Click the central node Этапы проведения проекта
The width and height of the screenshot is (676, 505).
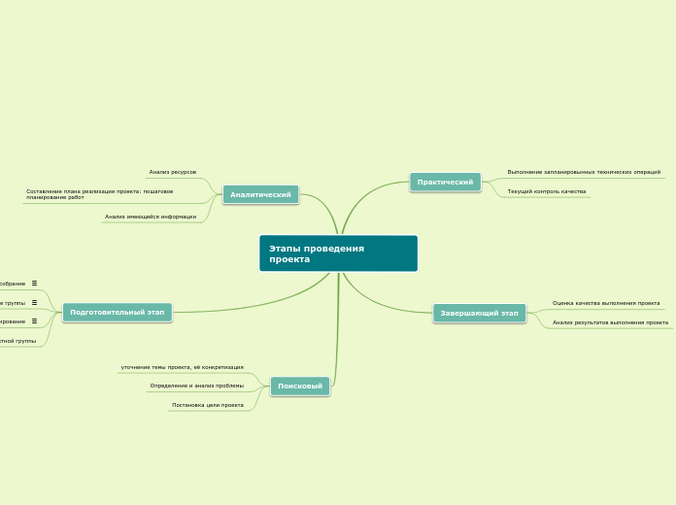click(338, 253)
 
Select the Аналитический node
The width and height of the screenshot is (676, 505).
click(260, 194)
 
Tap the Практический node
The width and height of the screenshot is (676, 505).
click(445, 182)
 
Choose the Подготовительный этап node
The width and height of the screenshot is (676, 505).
click(118, 312)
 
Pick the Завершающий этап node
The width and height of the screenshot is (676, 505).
click(479, 313)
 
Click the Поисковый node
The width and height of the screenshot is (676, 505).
click(300, 386)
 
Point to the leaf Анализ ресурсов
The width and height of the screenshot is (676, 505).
click(173, 172)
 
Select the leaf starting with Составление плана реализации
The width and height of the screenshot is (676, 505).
click(100, 194)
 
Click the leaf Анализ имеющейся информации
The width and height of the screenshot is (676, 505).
click(151, 217)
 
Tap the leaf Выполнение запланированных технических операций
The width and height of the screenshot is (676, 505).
click(584, 172)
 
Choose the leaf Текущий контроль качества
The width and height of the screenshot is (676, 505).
click(547, 191)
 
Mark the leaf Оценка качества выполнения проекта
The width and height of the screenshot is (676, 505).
click(606, 303)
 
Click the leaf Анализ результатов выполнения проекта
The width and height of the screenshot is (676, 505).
click(610, 322)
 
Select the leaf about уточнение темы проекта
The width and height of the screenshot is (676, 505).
click(182, 367)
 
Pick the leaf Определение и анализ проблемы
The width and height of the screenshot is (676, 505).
click(196, 386)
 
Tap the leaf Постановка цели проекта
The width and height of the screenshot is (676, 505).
click(208, 405)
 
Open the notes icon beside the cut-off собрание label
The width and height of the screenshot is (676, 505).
click(34, 284)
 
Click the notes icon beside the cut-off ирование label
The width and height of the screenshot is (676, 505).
click(34, 320)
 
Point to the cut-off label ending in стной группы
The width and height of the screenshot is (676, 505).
click(17, 341)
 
